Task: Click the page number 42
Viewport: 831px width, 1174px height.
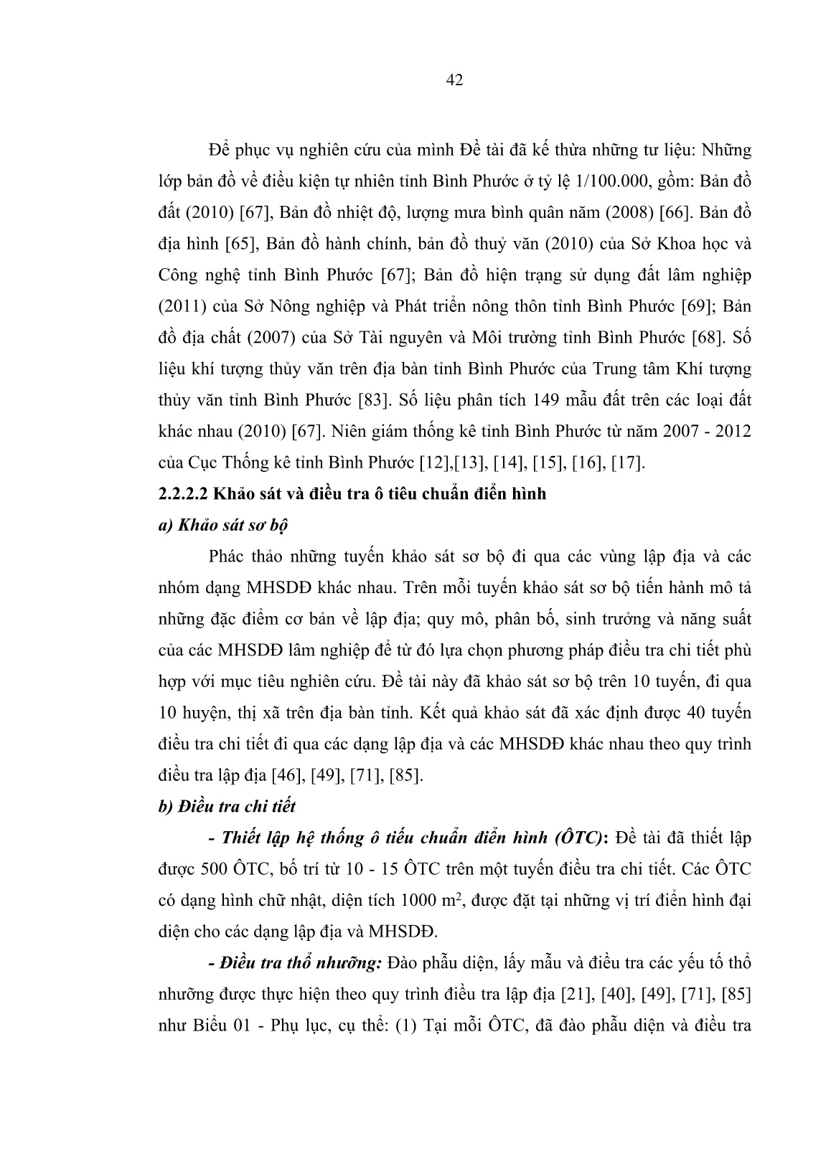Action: [454, 80]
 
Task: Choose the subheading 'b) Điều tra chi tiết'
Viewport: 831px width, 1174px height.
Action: [227, 806]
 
